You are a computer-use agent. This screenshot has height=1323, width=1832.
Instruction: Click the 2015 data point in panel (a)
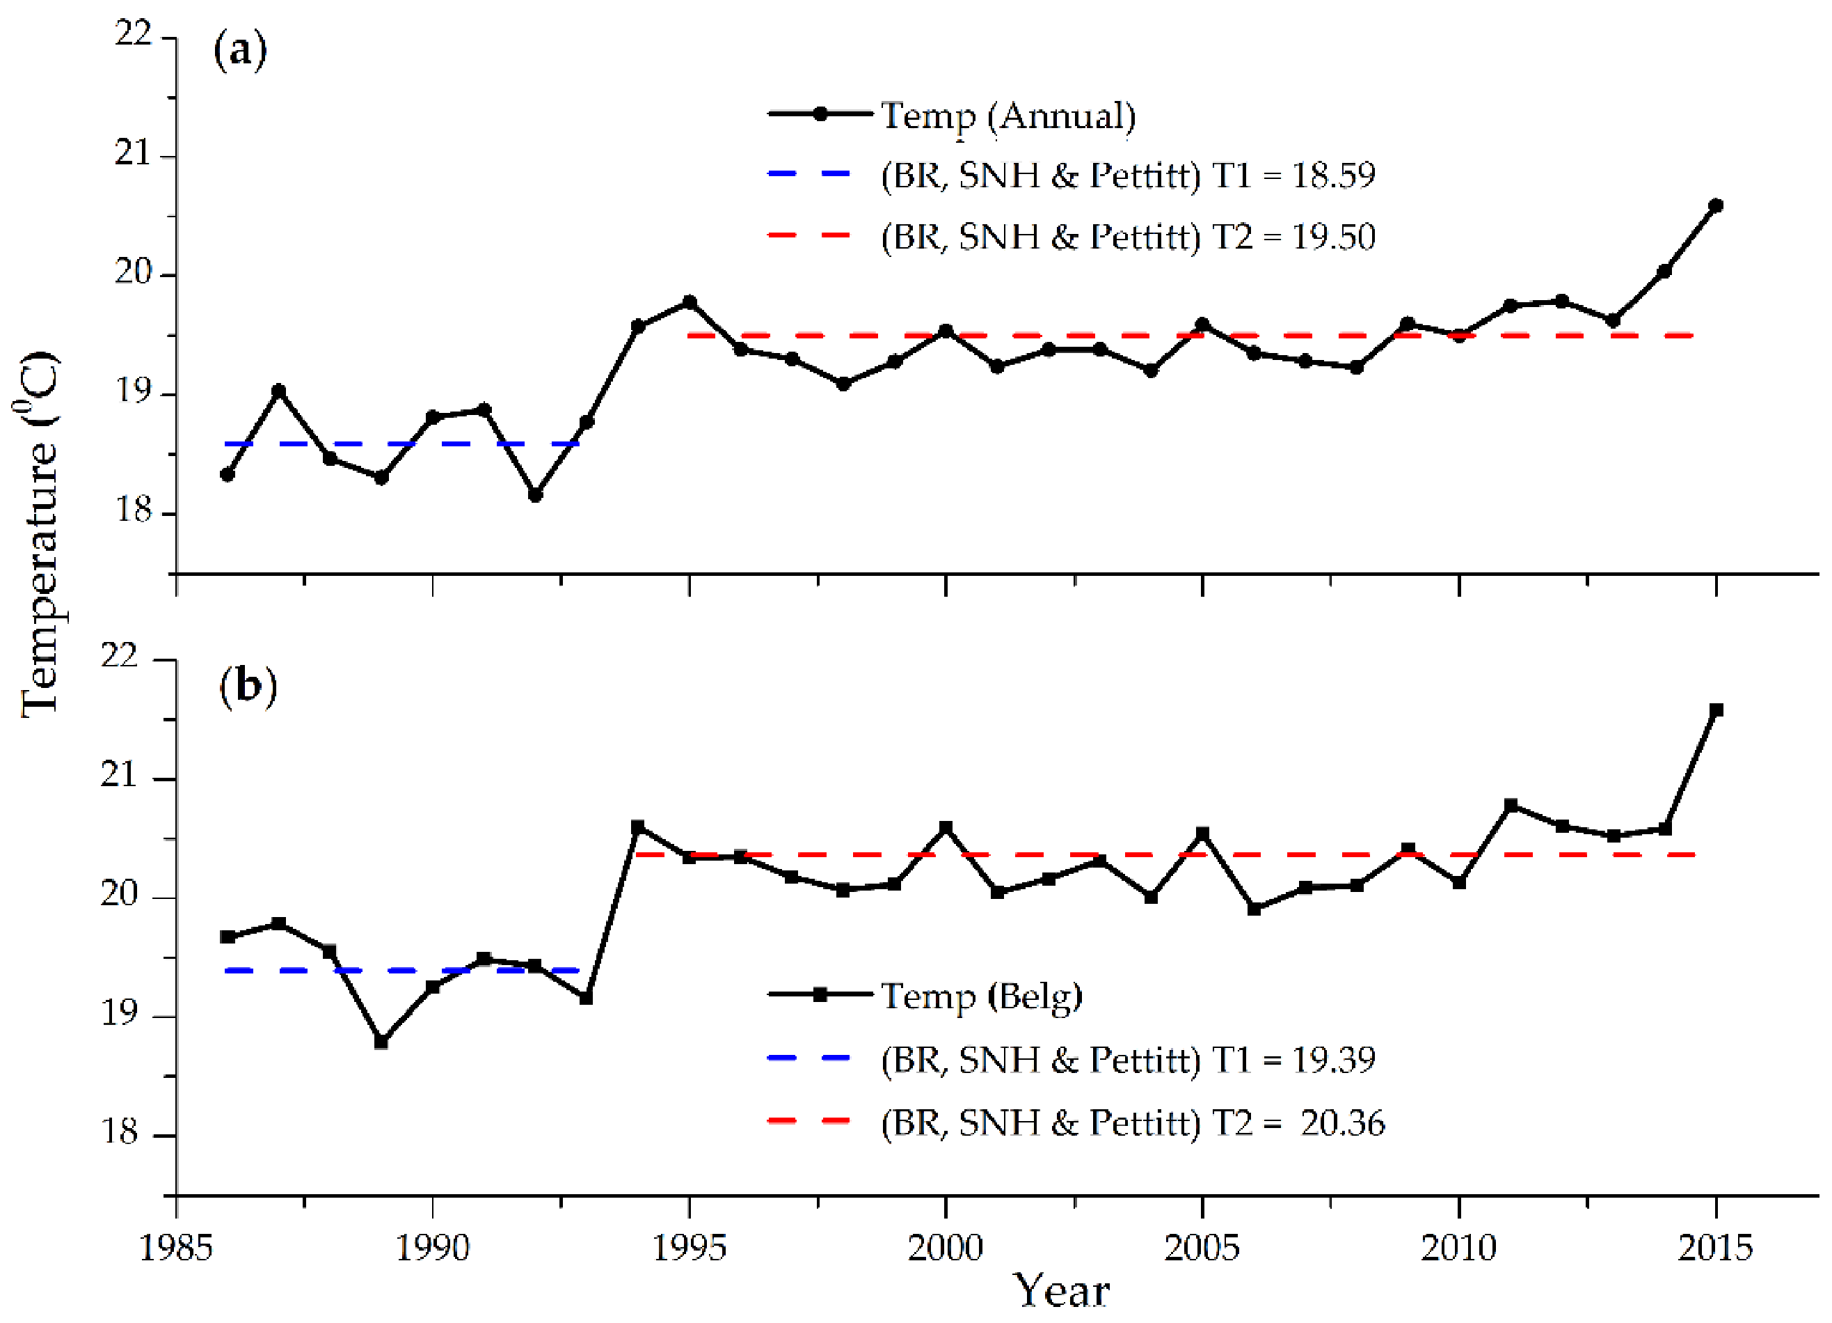point(1716,205)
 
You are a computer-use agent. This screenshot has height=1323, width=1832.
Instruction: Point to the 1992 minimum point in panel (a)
point(535,494)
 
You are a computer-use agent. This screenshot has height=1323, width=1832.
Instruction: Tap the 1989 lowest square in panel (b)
point(381,1042)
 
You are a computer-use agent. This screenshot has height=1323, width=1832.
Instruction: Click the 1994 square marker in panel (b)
point(637,827)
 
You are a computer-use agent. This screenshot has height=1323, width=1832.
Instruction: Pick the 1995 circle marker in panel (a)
point(689,302)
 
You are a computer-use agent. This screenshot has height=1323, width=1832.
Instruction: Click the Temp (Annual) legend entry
point(1007,116)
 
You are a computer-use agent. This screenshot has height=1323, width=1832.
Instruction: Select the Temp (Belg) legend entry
point(980,995)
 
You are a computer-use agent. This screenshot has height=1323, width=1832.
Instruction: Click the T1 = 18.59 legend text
point(1127,175)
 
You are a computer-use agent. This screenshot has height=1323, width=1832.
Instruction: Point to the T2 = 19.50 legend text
point(1127,237)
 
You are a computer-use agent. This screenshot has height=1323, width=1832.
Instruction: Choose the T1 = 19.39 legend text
point(1127,1058)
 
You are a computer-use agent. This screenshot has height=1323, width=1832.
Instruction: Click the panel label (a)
point(240,51)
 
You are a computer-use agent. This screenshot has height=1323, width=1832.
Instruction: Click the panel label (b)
point(247,686)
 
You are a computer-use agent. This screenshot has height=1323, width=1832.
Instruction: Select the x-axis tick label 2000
point(945,1248)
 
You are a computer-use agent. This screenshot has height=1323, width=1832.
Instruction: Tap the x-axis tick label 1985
point(175,1248)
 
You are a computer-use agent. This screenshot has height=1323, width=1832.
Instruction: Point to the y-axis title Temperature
point(39,533)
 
